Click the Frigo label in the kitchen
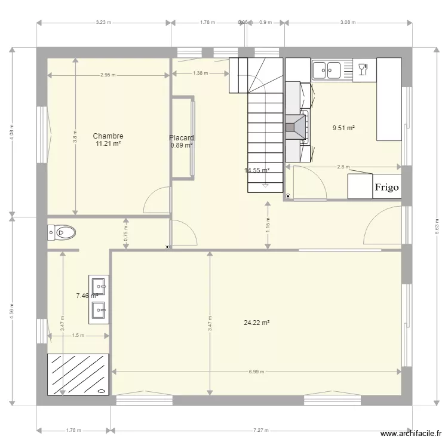point(386,187)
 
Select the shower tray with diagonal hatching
point(79,374)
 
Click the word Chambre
point(108,136)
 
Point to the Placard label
point(182,137)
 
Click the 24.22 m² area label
point(257,323)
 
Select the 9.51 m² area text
point(344,128)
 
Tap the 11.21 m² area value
point(108,144)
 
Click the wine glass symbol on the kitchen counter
point(361,69)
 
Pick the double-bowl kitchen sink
point(326,70)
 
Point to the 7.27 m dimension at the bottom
point(261,430)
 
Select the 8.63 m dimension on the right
point(437,227)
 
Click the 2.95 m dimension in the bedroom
point(108,75)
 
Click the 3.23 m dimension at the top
point(104,23)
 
